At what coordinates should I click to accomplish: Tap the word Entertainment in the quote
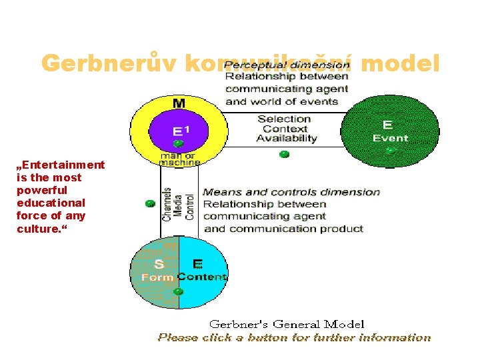(x=61, y=165)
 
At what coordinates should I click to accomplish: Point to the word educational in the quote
(x=51, y=202)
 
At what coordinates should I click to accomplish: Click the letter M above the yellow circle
(x=179, y=103)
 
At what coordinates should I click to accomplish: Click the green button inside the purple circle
(x=178, y=143)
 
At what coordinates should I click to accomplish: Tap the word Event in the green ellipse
(x=390, y=138)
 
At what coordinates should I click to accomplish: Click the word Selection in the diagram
(x=285, y=119)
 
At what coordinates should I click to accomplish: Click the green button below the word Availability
(x=285, y=154)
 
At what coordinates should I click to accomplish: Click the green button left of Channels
(x=150, y=203)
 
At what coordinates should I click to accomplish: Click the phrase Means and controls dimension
(x=291, y=192)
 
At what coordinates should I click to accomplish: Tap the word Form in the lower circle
(x=157, y=277)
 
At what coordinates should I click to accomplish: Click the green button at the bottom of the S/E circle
(x=178, y=291)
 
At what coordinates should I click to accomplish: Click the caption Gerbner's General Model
(x=287, y=324)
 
